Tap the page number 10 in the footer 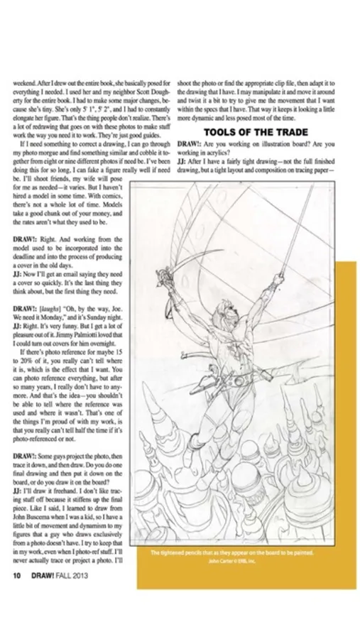click(x=17, y=575)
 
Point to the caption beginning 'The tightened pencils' click(x=232, y=552)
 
